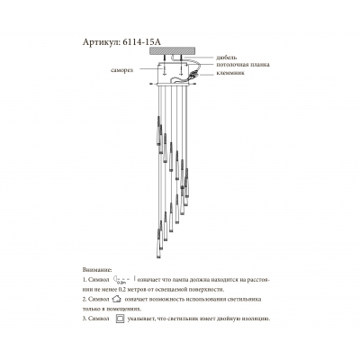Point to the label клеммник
click(231, 72)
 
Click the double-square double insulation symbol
click(118, 318)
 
